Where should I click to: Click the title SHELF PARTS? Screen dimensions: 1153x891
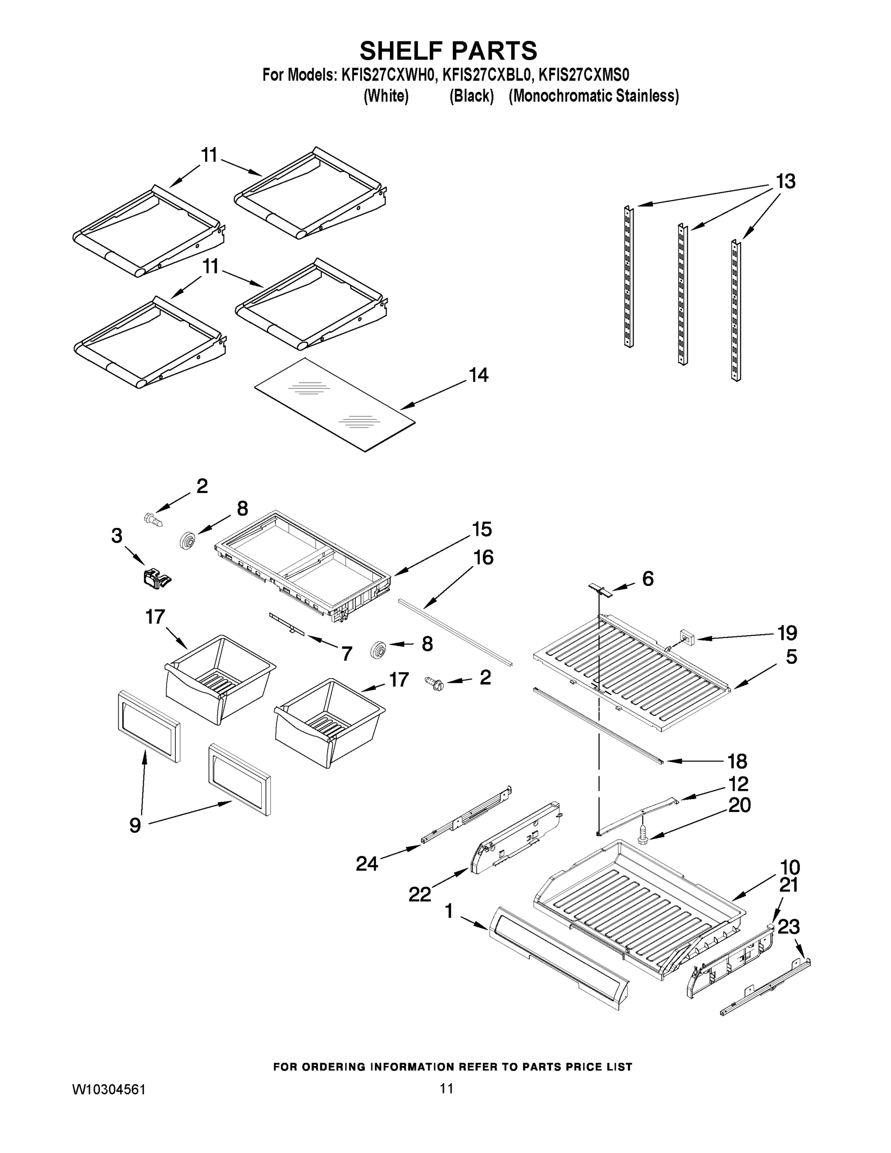[x=448, y=51]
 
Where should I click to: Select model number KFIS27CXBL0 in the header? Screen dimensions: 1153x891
[x=486, y=75]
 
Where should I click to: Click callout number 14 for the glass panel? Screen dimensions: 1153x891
[x=478, y=375]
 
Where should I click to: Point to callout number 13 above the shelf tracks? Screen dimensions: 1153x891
[x=785, y=182]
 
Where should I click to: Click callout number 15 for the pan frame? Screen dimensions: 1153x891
[x=482, y=529]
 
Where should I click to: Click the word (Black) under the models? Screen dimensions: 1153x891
[x=471, y=96]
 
